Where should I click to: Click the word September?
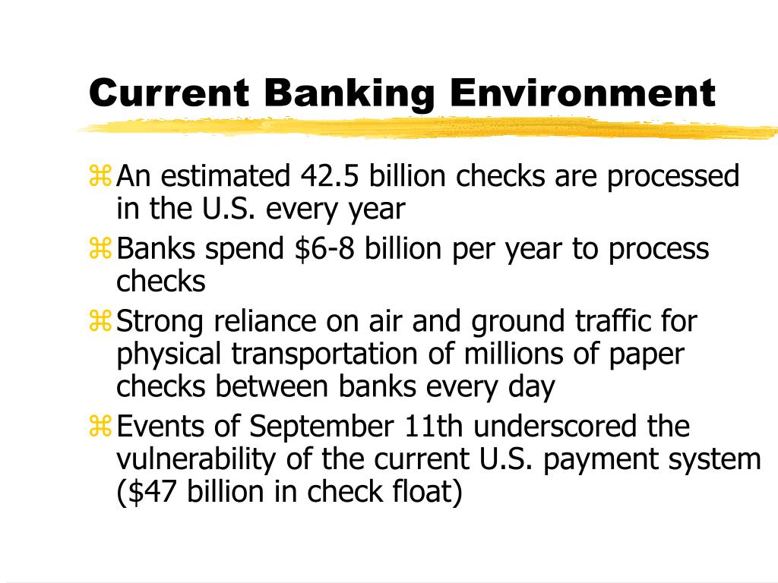pos(319,427)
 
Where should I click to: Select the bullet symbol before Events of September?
pos(100,427)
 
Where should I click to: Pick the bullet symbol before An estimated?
pos(100,178)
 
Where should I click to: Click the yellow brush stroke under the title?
pos(425,127)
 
